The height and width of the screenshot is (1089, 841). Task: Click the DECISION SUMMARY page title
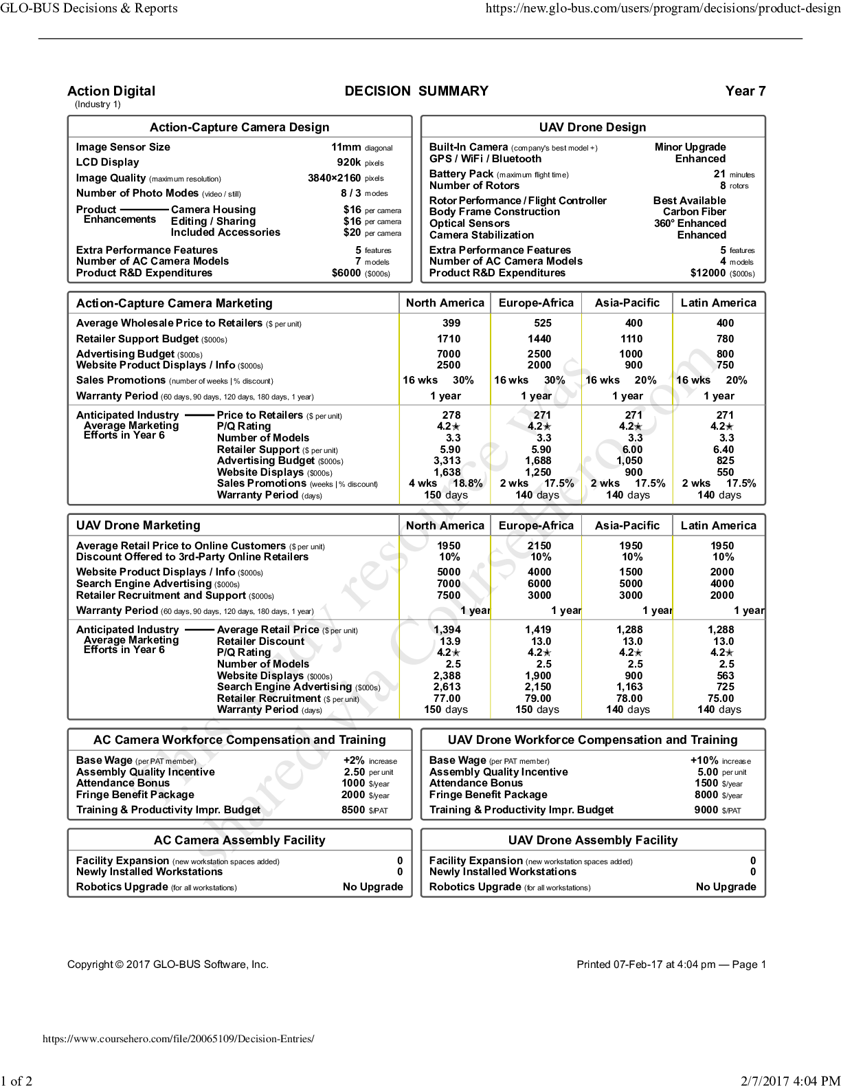click(416, 91)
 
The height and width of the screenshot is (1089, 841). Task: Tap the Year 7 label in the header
click(745, 91)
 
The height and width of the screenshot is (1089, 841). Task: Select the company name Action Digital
click(111, 91)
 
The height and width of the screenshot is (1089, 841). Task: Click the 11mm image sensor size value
click(346, 147)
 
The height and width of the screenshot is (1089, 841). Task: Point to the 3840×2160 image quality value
click(334, 178)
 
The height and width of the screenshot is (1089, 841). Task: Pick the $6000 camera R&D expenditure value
click(346, 273)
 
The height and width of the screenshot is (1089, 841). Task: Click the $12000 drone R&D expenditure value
click(708, 273)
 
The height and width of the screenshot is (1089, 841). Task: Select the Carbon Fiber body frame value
click(694, 212)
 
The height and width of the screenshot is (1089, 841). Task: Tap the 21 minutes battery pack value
click(719, 174)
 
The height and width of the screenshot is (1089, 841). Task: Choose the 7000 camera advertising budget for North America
click(449, 354)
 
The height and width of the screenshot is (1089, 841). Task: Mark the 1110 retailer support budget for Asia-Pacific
click(631, 339)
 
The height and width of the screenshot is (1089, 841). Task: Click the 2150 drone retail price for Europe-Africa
click(539, 546)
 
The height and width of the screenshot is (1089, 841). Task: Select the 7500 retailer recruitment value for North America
click(449, 595)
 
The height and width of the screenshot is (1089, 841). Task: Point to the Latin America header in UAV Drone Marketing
click(718, 525)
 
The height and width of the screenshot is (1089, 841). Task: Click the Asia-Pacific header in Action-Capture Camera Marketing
click(627, 303)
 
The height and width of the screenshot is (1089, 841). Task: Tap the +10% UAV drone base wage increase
click(704, 760)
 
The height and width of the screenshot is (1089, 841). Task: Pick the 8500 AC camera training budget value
click(353, 810)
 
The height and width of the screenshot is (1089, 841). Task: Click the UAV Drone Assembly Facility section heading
click(592, 840)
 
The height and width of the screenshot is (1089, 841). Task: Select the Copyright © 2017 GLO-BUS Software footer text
click(168, 965)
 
